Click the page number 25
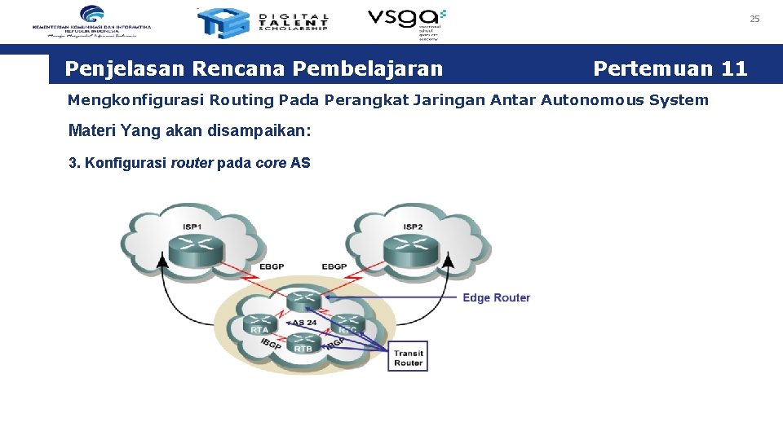click(754, 19)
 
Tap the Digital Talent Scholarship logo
click(263, 23)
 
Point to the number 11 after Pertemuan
click(733, 68)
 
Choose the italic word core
click(270, 163)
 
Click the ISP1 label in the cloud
click(192, 226)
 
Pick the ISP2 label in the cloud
click(413, 226)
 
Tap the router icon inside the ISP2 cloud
click(412, 248)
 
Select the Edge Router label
click(496, 297)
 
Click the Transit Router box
click(408, 357)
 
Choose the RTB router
click(303, 344)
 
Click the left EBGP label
click(273, 266)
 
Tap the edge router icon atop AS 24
click(303, 299)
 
